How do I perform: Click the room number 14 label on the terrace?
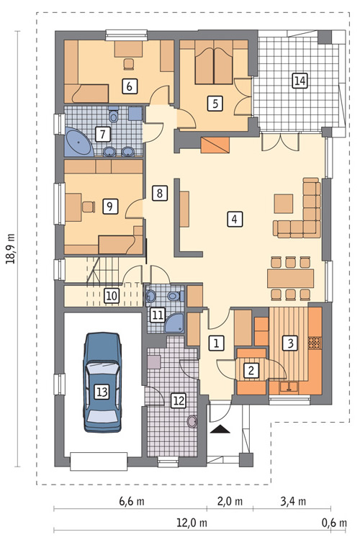click(299, 81)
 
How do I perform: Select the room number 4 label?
click(233, 219)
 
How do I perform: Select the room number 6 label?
click(129, 86)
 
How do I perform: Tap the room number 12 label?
click(177, 400)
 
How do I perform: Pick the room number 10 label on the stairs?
click(111, 294)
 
